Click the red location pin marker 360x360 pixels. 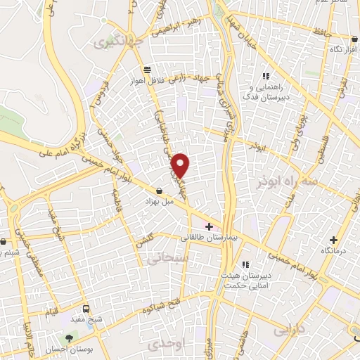tap(181, 165)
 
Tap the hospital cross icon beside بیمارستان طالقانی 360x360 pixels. tap(209, 226)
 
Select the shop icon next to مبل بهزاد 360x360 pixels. tap(160, 191)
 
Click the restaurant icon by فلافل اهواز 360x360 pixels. tap(147, 69)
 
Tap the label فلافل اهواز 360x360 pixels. tap(146, 81)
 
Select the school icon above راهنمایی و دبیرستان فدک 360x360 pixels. tap(266, 77)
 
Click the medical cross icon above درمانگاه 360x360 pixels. tap(334, 239)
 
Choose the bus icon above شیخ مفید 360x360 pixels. tap(86, 308)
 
